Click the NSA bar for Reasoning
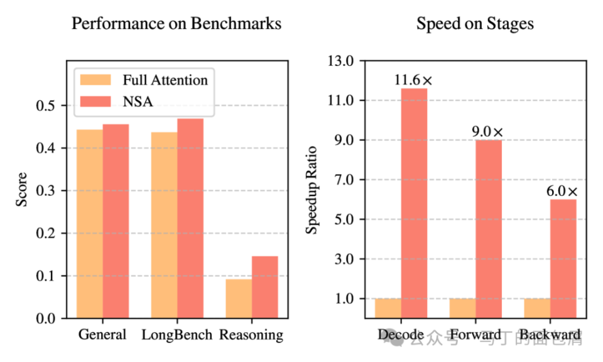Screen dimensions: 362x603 click(x=264, y=287)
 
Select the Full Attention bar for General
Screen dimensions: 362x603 click(x=90, y=224)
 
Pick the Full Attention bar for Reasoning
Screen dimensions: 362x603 click(x=239, y=299)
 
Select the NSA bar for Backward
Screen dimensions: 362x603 click(x=563, y=258)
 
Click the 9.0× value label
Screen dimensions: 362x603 click(x=488, y=132)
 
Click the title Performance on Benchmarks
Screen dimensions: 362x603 click(x=176, y=25)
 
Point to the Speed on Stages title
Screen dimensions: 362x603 click(x=475, y=25)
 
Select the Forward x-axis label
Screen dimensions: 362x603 click(x=474, y=334)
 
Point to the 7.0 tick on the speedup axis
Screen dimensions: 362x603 click(x=344, y=180)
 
